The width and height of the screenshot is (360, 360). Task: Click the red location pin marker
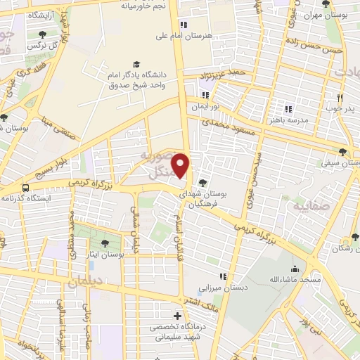(x=181, y=165)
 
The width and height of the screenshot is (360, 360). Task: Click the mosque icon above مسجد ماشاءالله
(x=294, y=269)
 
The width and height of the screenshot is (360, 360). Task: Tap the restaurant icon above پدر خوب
(x=340, y=98)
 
